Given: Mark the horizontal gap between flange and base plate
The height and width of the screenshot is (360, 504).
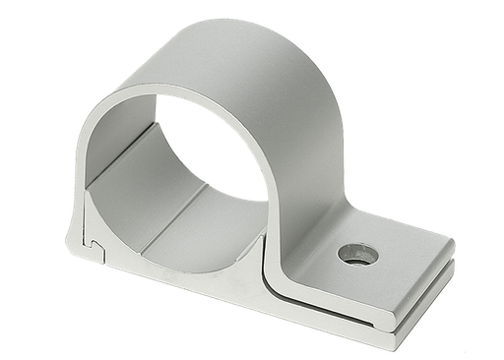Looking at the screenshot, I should point(394,295).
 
